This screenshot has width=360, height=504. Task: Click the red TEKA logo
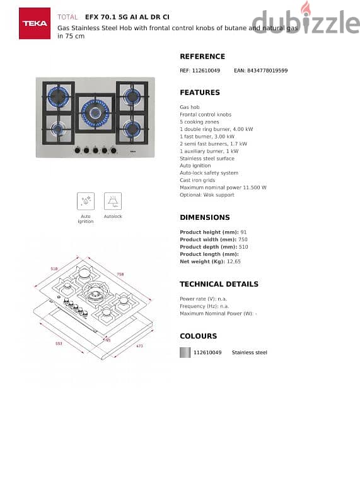point(35,23)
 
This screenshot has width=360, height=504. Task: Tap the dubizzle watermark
point(306,21)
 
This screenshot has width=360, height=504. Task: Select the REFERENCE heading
point(202,57)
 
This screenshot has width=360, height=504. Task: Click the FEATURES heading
point(200,93)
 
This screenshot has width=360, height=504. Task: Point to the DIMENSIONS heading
point(205,217)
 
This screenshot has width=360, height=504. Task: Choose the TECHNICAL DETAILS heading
point(219,284)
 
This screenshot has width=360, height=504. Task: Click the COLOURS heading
point(198,336)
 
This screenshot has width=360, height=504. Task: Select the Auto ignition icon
point(86,201)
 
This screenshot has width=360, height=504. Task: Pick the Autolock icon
point(113,201)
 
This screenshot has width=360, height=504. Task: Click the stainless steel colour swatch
point(185,352)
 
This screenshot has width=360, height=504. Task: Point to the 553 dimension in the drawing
point(59,343)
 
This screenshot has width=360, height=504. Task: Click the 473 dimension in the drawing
point(139,345)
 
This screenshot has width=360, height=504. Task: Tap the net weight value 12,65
point(233,261)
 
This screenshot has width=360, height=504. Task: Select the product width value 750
point(243,239)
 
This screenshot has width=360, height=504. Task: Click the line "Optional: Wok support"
point(207,195)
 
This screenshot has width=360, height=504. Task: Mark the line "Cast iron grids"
point(197,180)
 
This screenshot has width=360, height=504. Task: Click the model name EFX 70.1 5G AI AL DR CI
point(127,18)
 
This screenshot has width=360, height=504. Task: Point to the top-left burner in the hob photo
point(59,96)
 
